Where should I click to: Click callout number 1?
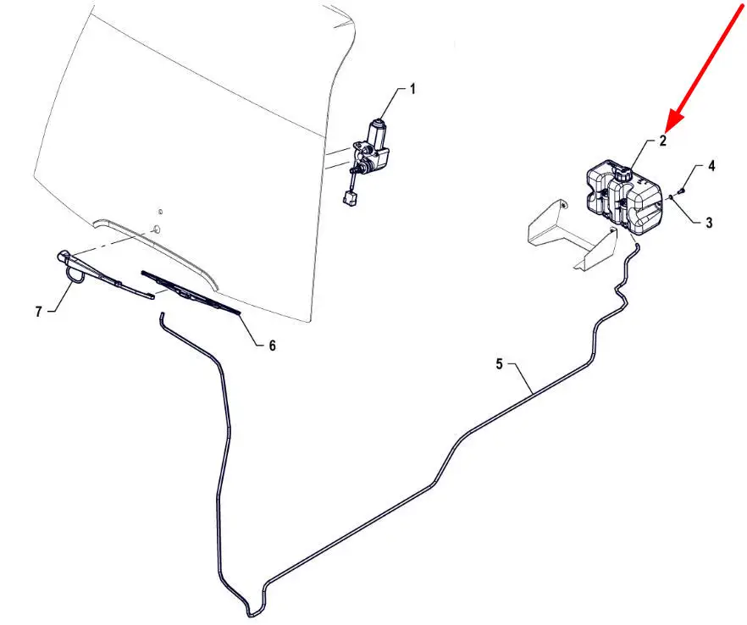(412, 89)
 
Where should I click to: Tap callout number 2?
(662, 141)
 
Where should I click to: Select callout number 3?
(709, 222)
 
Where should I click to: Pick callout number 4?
(711, 166)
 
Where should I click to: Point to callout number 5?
(499, 364)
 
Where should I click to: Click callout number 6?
(272, 346)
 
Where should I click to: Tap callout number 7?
(39, 312)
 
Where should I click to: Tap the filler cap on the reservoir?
(622, 174)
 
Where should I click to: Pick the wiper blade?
(191, 292)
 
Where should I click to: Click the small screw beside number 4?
(680, 191)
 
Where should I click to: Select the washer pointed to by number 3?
(671, 196)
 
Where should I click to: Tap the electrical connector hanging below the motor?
(349, 199)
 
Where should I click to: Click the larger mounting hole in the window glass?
(156, 230)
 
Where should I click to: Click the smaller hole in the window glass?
(161, 212)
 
